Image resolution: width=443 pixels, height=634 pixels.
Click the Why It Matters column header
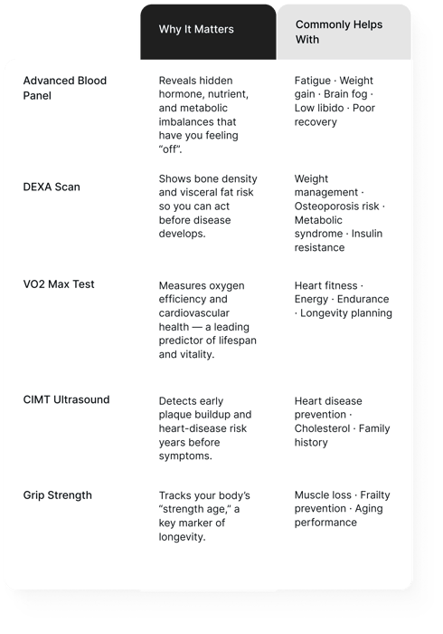tap(196, 30)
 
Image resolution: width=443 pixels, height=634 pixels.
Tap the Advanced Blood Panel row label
tap(65, 88)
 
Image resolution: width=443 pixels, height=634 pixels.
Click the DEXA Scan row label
tap(52, 187)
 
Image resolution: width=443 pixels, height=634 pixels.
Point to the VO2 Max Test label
tap(59, 284)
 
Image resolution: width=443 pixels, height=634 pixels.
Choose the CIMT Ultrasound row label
tap(66, 399)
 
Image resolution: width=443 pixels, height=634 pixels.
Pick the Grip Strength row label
tap(57, 495)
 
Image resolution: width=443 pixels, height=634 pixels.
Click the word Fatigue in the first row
tap(313, 81)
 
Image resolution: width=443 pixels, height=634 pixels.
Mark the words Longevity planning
tap(348, 313)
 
